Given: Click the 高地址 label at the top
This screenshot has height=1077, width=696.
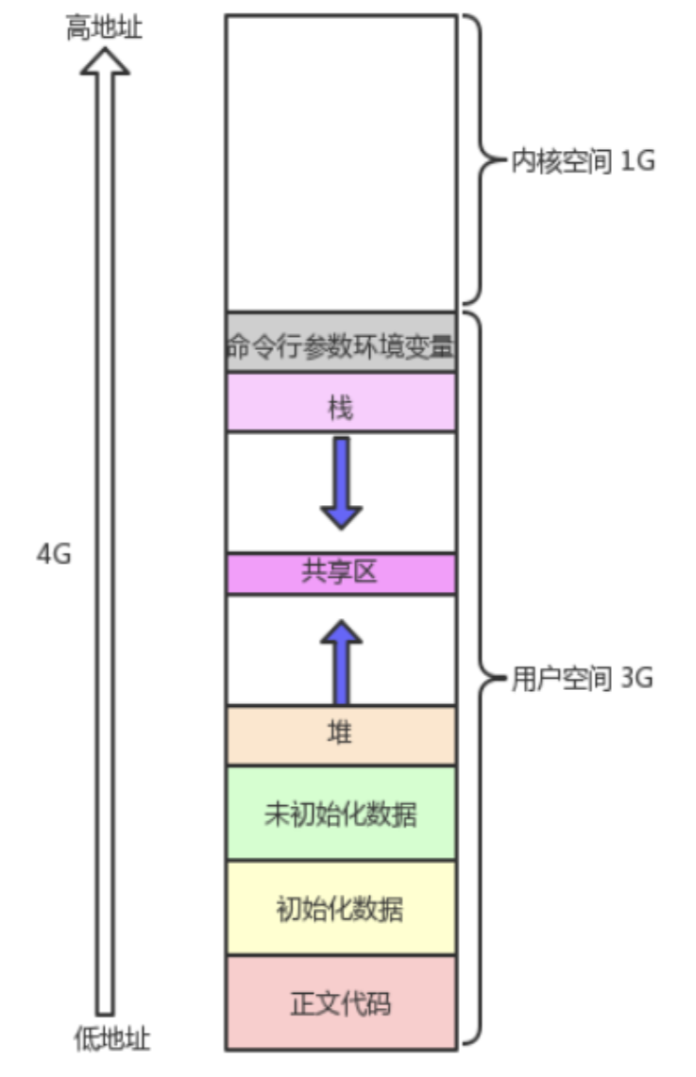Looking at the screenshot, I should coord(104,29).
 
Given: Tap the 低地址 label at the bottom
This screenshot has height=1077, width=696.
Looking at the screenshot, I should coord(111,1039).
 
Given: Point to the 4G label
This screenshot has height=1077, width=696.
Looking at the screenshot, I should coord(54,554).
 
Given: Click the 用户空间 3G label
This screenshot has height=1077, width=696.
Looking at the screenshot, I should coord(583,679).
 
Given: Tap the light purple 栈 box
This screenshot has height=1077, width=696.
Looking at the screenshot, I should coord(341,402).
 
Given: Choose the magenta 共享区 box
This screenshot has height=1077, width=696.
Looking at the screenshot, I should coord(341,573).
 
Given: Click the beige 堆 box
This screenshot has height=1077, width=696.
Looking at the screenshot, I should coord(341,734).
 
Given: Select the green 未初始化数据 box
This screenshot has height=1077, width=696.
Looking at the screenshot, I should coord(341,814).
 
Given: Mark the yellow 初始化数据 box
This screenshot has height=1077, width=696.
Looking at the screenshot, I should coord(341,908).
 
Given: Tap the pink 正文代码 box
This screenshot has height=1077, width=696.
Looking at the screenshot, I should coord(341,1002).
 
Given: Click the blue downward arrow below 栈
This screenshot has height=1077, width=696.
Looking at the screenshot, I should coord(341,481).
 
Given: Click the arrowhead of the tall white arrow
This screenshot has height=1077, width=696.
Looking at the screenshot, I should coord(104,61).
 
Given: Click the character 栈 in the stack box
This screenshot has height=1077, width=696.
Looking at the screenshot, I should coord(340,409).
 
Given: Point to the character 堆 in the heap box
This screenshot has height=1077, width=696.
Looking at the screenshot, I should coord(340,734).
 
